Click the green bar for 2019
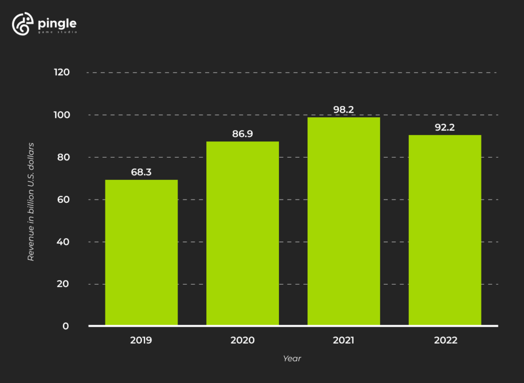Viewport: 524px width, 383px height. point(141,252)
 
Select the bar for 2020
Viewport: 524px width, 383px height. point(243,233)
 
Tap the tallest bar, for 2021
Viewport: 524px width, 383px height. point(343,221)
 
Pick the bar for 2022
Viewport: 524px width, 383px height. point(445,230)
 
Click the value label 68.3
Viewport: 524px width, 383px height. point(141,173)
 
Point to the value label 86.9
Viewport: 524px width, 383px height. point(243,134)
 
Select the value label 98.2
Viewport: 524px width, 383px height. point(343,110)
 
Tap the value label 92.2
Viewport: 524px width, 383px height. point(445,127)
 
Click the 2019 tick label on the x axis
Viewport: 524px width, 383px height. point(141,340)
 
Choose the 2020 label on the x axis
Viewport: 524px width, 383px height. point(243,340)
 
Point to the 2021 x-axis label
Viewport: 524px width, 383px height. point(343,340)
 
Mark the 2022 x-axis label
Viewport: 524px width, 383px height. point(445,340)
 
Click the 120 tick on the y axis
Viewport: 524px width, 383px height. point(61,72)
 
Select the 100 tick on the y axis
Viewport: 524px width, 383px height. point(61,115)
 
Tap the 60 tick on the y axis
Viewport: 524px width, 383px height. point(62,199)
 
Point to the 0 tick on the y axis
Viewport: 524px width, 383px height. point(66,326)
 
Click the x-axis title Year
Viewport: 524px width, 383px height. point(292,359)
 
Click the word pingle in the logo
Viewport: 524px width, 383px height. point(57,23)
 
